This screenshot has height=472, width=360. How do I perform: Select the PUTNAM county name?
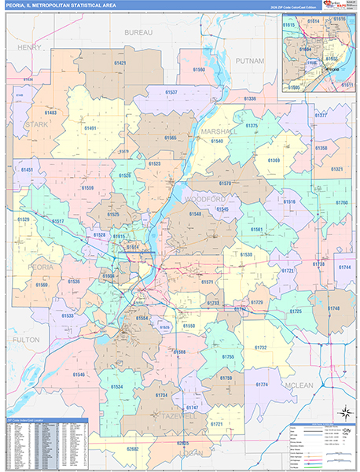(250, 60)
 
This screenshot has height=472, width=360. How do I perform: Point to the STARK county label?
(36, 124)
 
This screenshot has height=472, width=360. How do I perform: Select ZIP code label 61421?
(119, 62)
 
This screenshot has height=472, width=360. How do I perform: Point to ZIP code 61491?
(90, 127)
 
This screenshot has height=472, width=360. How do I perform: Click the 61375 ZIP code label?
(252, 126)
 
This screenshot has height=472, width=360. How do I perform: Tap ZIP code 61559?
(87, 187)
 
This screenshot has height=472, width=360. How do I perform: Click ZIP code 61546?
(79, 374)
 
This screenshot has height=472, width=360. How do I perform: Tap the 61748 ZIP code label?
(334, 308)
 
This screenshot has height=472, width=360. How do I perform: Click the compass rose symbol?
(343, 413)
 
